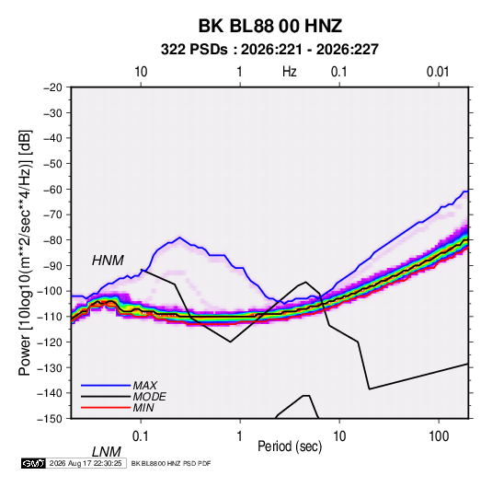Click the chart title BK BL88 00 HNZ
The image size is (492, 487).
269,26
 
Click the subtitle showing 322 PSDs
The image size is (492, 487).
269,50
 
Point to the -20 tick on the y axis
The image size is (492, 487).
52,87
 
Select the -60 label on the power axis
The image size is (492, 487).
52,189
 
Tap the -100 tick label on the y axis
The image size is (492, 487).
50,291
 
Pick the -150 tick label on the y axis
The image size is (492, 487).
50,419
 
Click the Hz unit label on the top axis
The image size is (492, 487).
290,72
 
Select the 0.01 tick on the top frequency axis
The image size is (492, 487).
438,72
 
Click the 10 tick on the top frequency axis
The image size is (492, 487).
141,72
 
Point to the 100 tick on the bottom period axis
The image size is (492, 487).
439,436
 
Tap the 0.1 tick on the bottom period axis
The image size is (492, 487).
141,436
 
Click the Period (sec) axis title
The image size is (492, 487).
290,446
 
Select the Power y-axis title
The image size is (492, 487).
25,253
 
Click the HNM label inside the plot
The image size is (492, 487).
108,261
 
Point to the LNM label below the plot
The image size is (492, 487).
107,452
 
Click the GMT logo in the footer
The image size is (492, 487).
33,463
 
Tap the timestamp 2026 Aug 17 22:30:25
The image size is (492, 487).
86,463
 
